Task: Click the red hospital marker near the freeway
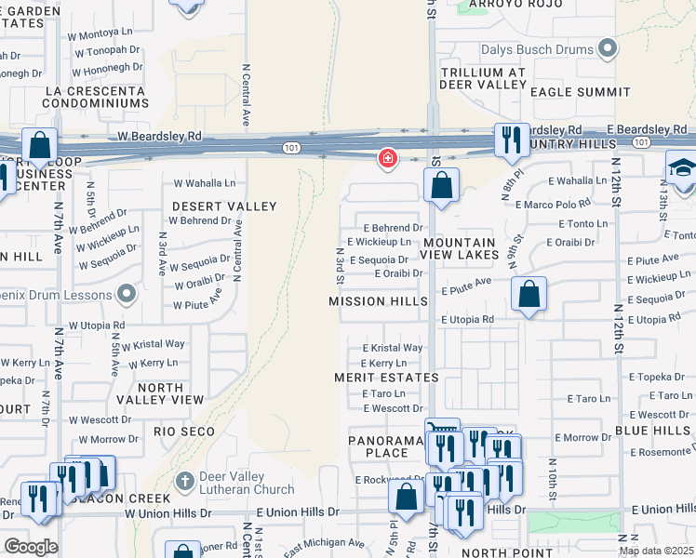[x=387, y=159]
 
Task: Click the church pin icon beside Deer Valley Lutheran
[x=184, y=482]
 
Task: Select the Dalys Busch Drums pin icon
[x=608, y=47]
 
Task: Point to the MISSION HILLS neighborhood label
[x=378, y=301]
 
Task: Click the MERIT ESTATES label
[x=386, y=378]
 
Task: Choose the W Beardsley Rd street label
[x=159, y=136]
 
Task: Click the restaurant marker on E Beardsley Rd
[x=510, y=139]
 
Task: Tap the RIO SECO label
[x=184, y=432]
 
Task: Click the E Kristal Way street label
[x=392, y=348]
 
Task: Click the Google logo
[x=30, y=546]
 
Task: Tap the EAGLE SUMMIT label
[x=567, y=92]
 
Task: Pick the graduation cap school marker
[x=681, y=168]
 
